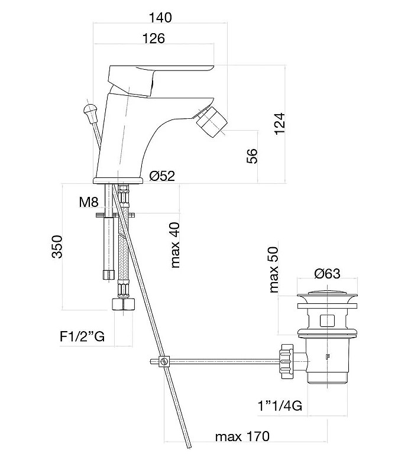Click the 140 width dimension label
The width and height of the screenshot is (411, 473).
(160, 18)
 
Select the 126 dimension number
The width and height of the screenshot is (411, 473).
(154, 38)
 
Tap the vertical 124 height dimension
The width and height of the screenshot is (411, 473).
(280, 124)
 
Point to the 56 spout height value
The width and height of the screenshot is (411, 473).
(253, 156)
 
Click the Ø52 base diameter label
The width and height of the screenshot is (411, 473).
(162, 176)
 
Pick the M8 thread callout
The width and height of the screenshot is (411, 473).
(89, 202)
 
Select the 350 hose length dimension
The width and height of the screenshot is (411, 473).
(57, 247)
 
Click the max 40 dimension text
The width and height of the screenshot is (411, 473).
(175, 245)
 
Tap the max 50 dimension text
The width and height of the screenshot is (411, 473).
(273, 270)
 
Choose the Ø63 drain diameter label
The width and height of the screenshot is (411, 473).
(327, 274)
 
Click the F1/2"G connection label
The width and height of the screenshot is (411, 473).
(82, 336)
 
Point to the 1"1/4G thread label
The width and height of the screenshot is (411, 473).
(280, 406)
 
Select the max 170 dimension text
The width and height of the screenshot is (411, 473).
(242, 436)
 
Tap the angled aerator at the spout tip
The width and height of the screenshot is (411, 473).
(211, 122)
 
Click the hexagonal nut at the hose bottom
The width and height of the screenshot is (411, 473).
(123, 304)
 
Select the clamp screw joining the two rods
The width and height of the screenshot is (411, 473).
(164, 361)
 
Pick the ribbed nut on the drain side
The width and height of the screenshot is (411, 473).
(287, 361)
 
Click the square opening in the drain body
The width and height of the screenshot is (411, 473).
(327, 320)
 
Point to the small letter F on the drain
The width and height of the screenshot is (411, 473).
(328, 357)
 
